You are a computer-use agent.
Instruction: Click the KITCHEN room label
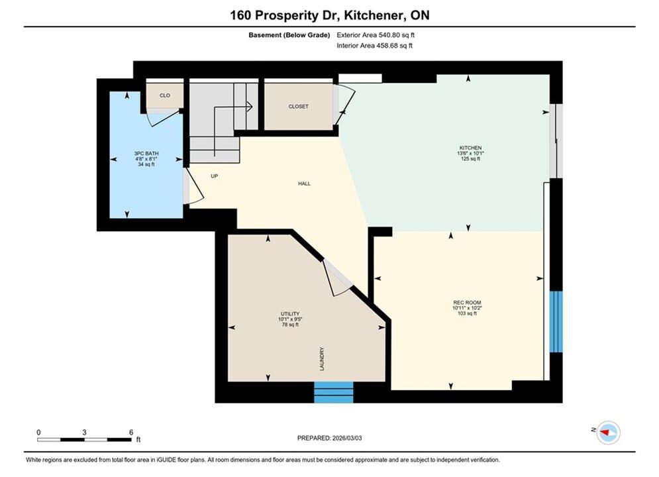[x=470, y=148]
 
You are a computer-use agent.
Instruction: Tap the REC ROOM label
[x=467, y=303]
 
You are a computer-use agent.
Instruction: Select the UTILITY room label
[x=290, y=314]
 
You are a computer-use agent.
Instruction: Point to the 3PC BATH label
[x=146, y=154]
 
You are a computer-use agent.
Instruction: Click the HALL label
[x=304, y=184]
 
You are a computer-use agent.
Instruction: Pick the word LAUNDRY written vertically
[x=322, y=359]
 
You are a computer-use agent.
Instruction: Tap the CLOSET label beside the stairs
[x=299, y=107]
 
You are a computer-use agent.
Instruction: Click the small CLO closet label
[x=165, y=95]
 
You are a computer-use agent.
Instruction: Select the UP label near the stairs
[x=215, y=176]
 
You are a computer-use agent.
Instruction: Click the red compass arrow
[x=605, y=432]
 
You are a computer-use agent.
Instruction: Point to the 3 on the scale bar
[x=85, y=433]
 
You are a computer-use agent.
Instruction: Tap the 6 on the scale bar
[x=131, y=433]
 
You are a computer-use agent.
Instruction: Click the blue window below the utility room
[x=334, y=392]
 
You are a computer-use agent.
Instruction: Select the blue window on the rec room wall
[x=556, y=321]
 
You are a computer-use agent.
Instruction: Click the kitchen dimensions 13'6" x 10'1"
[x=470, y=154]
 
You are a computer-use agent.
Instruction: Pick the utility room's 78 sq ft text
[x=290, y=325]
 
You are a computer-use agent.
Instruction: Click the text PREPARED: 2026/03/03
[x=330, y=438]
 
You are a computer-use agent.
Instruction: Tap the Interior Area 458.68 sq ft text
[x=374, y=46]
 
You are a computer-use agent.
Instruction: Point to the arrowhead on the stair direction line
[x=249, y=107]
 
